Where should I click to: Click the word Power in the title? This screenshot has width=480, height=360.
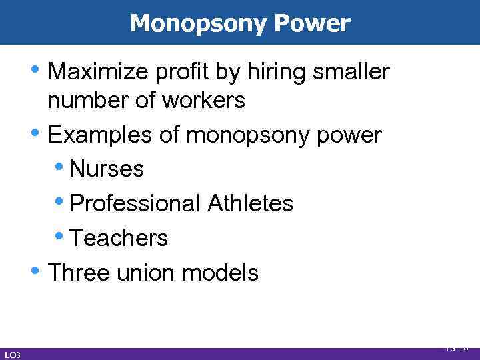click(311, 23)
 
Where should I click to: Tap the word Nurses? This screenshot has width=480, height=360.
click(107, 169)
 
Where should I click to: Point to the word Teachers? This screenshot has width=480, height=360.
click(119, 238)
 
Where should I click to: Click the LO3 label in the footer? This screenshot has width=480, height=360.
click(12, 355)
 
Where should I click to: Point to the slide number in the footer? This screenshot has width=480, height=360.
click(457, 348)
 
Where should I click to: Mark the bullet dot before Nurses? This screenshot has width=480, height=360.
click(62, 165)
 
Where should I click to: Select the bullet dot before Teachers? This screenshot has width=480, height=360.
click(62, 235)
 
